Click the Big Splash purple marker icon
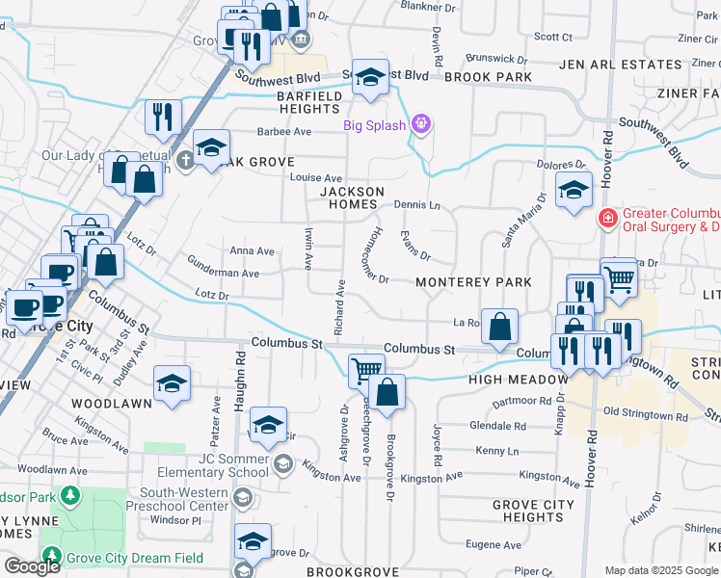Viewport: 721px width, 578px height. pyautogui.click(x=420, y=124)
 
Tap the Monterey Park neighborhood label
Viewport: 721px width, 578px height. pyautogui.click(x=473, y=282)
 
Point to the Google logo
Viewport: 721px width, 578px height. pyautogui.click(x=31, y=566)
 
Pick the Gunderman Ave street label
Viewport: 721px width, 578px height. pyautogui.click(x=224, y=274)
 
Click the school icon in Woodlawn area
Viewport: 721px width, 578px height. pyautogui.click(x=172, y=384)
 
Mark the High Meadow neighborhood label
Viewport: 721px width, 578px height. pyautogui.click(x=519, y=380)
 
